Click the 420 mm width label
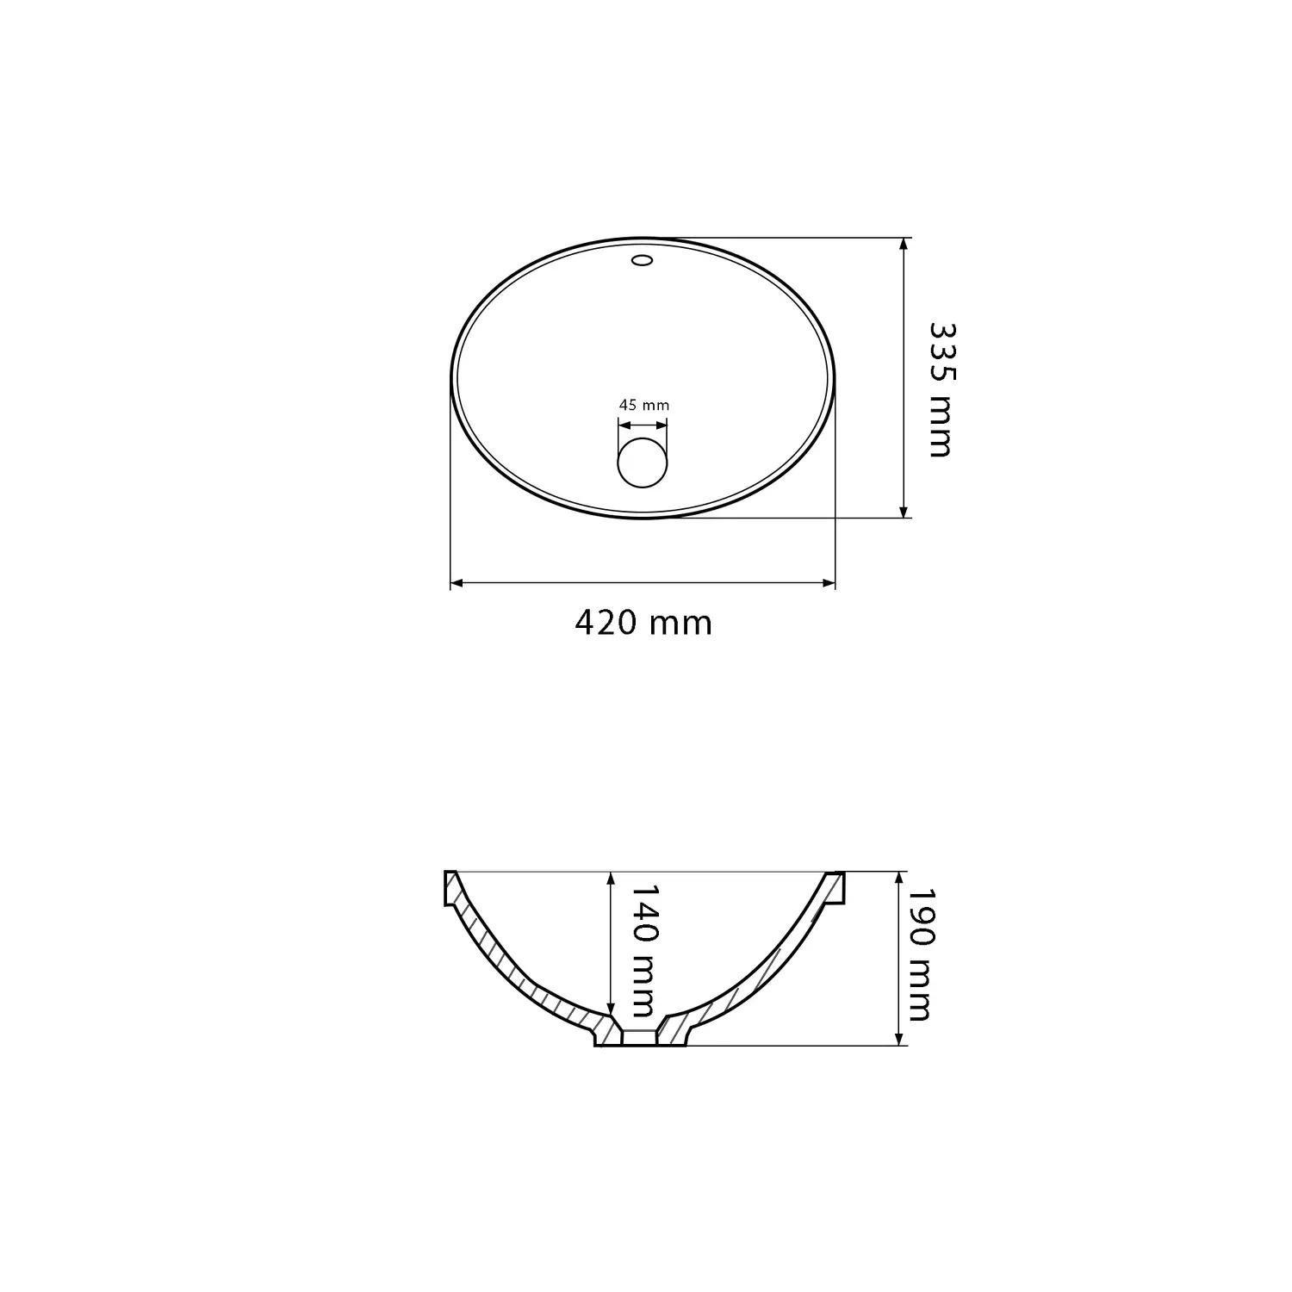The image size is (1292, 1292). tap(643, 622)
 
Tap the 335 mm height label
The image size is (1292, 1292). tap(942, 389)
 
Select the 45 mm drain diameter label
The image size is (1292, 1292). tap(643, 405)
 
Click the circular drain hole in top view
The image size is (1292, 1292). tap(643, 462)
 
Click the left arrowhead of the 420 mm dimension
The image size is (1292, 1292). tap(457, 583)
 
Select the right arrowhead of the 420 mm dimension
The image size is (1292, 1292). tap(829, 583)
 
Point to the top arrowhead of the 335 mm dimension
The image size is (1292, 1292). tap(903, 245)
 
